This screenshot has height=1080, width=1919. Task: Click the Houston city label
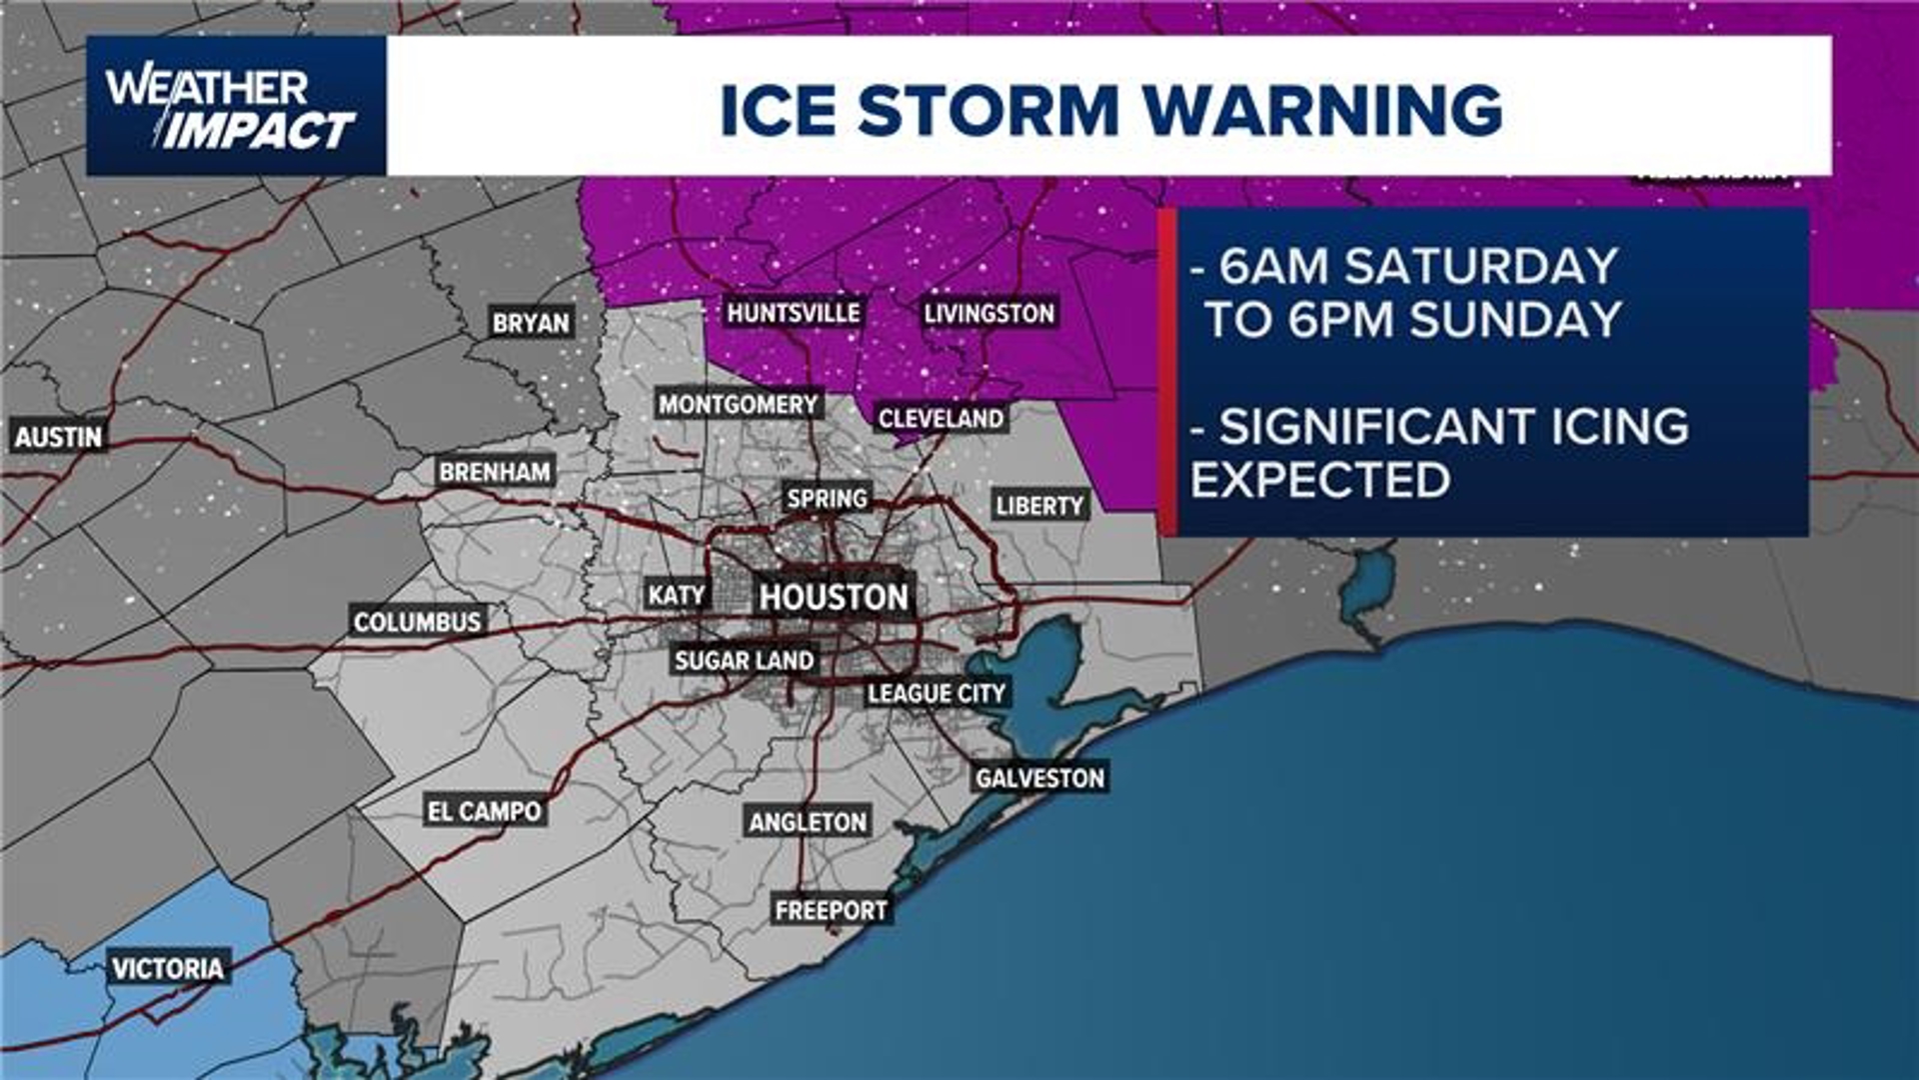point(834,597)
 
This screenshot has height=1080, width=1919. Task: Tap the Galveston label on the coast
point(1039,778)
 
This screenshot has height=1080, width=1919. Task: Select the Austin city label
point(58,437)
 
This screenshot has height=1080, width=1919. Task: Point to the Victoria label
point(168,968)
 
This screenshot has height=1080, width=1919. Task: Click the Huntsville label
point(793,313)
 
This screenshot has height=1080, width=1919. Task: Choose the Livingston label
point(988,313)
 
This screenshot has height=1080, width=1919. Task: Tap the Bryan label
point(531,323)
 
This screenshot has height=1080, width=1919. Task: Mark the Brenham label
point(495,472)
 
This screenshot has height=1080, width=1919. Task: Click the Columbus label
point(417,622)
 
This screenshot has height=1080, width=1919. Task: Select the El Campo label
point(485,811)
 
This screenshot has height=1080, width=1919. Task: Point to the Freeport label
point(831,910)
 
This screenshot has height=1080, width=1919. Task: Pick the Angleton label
point(808,822)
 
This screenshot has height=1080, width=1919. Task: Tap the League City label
point(936,693)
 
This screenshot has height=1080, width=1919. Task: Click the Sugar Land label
point(744,660)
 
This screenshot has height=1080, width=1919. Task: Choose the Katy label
point(677,595)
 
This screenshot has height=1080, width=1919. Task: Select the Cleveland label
point(941,418)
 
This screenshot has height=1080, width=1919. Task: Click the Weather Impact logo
point(234,107)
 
